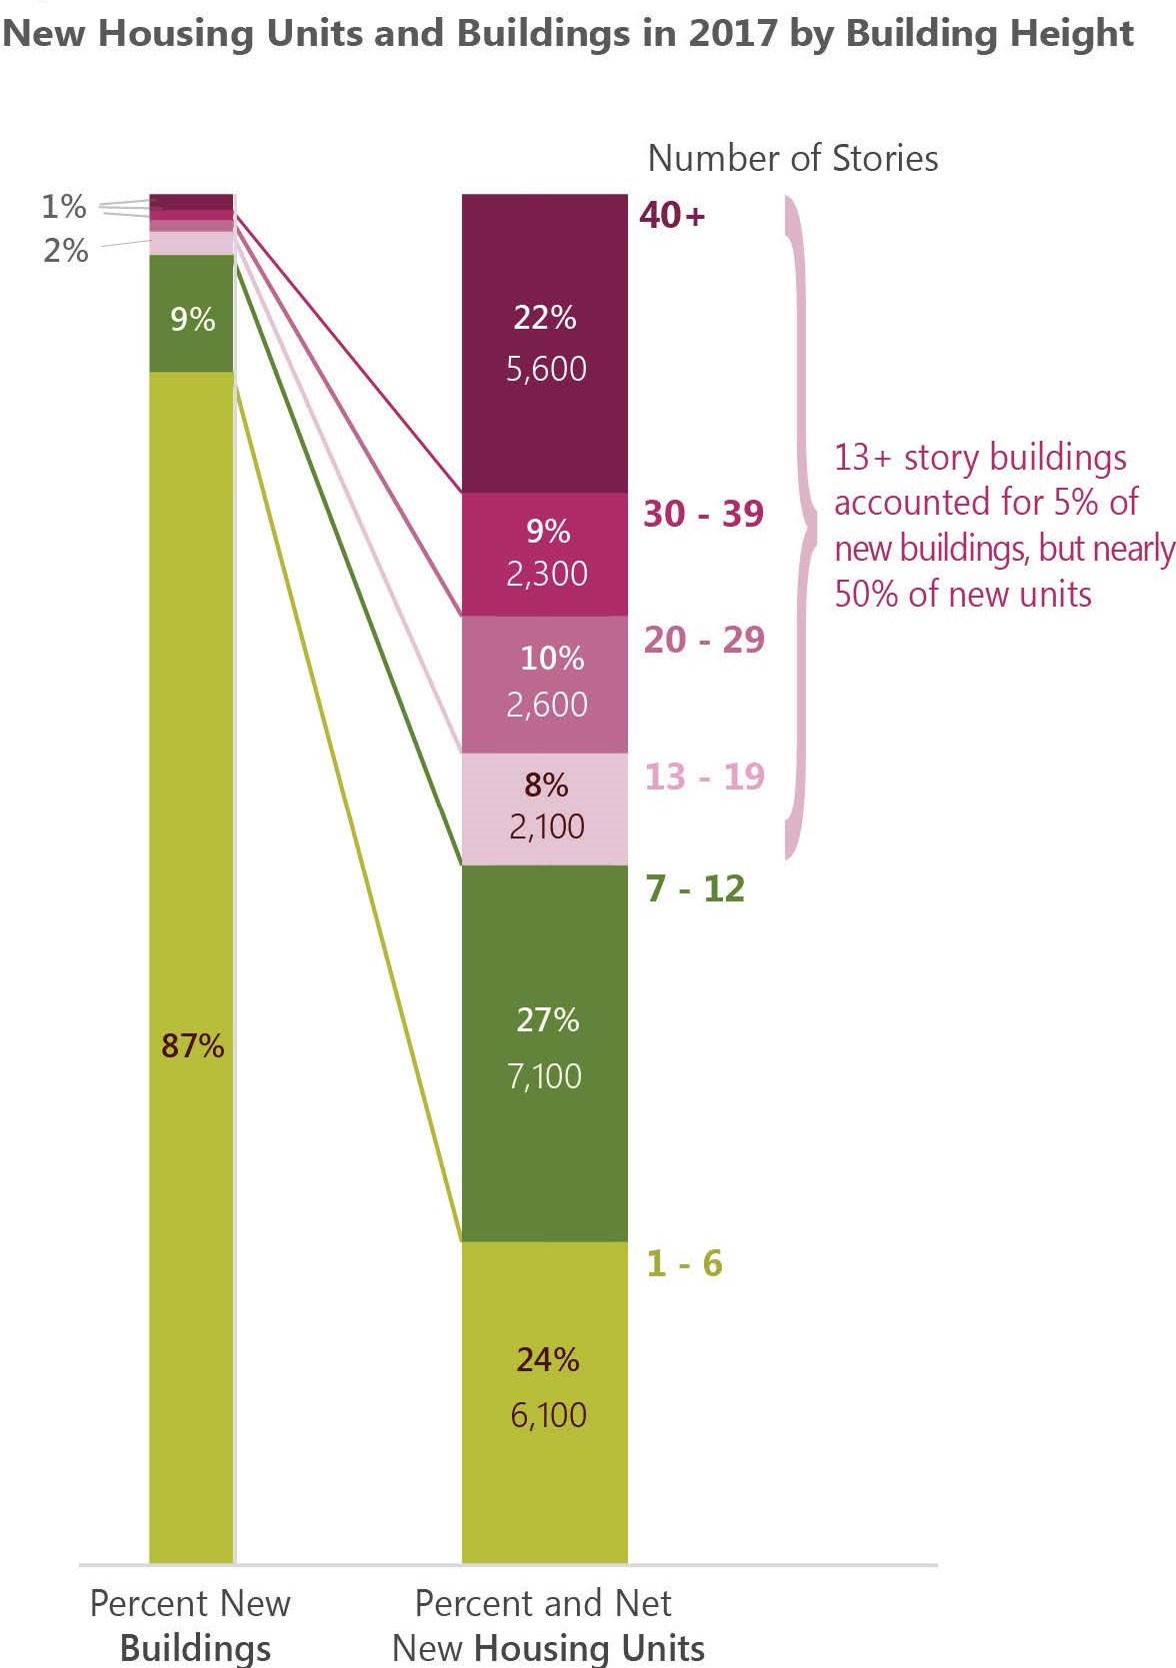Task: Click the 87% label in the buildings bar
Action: [x=192, y=1045]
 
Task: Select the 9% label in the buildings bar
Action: [x=192, y=319]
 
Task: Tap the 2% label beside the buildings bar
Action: [x=65, y=250]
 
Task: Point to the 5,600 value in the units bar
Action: [x=546, y=369]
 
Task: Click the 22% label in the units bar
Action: [x=545, y=318]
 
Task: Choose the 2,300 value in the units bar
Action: [x=546, y=574]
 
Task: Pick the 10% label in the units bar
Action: [x=552, y=658]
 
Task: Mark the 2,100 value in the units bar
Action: [x=546, y=827]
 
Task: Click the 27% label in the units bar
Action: [x=547, y=1019]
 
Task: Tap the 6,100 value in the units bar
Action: [x=548, y=1414]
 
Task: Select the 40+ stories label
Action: [x=672, y=215]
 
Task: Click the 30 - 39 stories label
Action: [x=703, y=514]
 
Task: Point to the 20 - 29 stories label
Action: [x=704, y=640]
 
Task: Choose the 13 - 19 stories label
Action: [x=704, y=777]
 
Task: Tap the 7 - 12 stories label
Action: [x=695, y=888]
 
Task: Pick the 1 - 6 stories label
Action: [x=684, y=1263]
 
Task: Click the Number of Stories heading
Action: [x=793, y=158]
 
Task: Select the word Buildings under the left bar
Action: [x=195, y=1647]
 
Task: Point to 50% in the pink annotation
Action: [x=865, y=594]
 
